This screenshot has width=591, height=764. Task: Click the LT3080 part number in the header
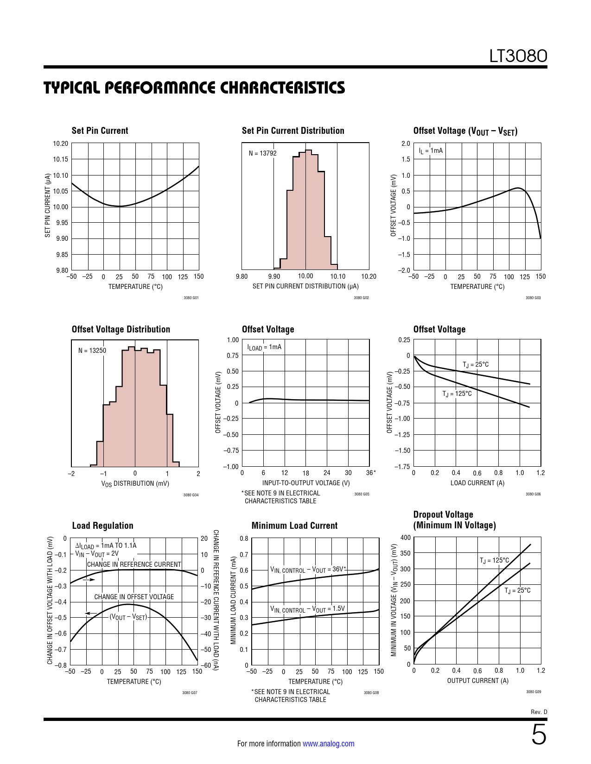[x=518, y=56]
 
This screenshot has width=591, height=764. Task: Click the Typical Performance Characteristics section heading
[x=194, y=88]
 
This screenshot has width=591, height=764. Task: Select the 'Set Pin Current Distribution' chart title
[x=293, y=131]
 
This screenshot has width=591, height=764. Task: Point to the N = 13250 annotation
[x=92, y=351]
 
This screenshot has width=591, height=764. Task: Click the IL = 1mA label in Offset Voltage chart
[x=431, y=150]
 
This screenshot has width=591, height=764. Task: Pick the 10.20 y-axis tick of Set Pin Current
[x=60, y=144]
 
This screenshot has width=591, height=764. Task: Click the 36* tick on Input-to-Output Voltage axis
[x=371, y=473]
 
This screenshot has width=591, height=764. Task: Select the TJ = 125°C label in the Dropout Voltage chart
[x=494, y=560]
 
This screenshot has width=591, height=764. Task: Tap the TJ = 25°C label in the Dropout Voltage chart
[x=517, y=590]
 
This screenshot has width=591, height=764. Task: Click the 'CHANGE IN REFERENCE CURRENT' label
[x=134, y=564]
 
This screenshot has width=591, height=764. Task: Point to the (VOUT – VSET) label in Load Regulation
[x=128, y=617]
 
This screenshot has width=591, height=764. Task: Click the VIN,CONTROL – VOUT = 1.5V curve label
[x=307, y=609]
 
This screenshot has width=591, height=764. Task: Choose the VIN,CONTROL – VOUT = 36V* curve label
[x=308, y=570]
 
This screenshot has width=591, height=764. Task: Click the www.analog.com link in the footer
[x=328, y=744]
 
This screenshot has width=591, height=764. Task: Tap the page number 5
[x=539, y=735]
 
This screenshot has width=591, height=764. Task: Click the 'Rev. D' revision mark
[x=539, y=712]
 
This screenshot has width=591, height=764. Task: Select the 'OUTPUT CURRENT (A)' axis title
[x=477, y=681]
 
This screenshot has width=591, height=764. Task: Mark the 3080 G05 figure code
[x=362, y=494]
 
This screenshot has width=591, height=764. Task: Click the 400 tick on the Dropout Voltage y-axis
[x=406, y=538]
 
